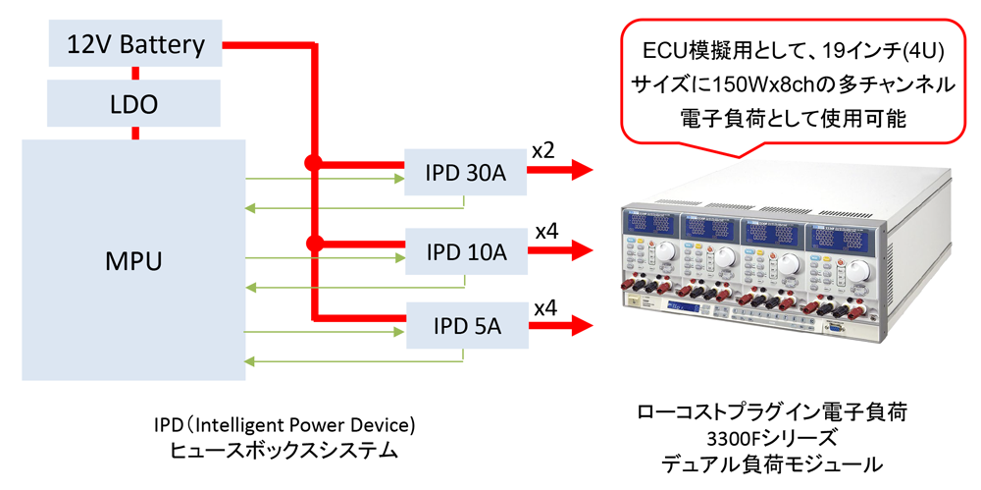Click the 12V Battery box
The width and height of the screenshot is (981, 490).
(x=135, y=44)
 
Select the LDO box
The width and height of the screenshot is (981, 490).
(x=135, y=103)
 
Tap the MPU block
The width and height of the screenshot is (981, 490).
(x=133, y=261)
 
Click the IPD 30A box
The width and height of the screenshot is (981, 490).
(x=466, y=174)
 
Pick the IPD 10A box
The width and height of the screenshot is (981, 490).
(x=466, y=252)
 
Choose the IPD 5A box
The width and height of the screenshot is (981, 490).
(x=466, y=325)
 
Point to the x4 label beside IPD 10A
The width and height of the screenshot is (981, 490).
(x=546, y=231)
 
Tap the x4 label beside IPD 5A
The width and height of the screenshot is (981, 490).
(x=545, y=306)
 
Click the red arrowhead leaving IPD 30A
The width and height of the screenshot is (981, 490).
(x=581, y=170)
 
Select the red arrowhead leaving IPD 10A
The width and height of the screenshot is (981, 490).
(x=581, y=250)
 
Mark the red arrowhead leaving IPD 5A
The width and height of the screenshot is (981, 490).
(x=581, y=325)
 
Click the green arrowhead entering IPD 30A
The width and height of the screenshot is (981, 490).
(x=396, y=179)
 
